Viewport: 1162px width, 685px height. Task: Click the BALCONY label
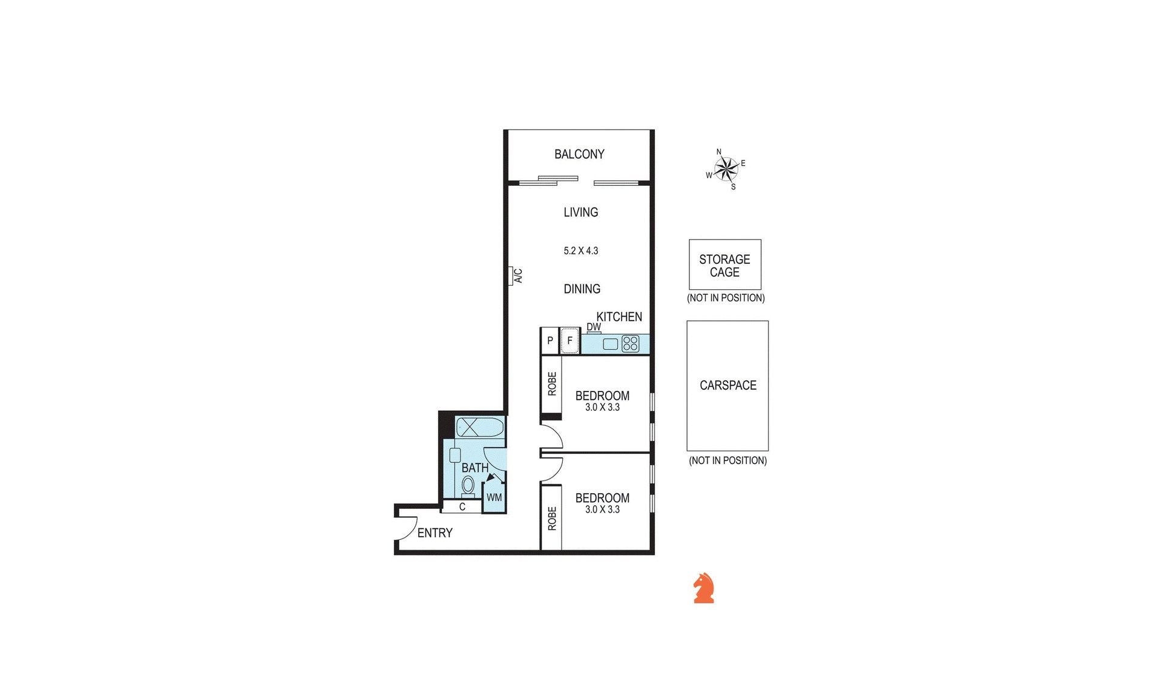tap(579, 154)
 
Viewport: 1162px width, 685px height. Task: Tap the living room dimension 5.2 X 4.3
tap(581, 251)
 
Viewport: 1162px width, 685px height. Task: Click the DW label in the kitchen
tap(594, 327)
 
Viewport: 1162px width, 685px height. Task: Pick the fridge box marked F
tap(570, 341)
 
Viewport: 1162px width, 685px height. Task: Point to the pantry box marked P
tap(550, 341)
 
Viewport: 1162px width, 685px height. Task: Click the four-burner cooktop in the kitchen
tap(631, 344)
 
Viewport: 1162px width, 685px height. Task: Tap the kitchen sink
tap(611, 344)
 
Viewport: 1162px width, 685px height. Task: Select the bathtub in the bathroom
tap(480, 427)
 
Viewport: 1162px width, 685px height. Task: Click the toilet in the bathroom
tap(468, 485)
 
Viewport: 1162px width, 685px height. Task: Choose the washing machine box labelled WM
tap(494, 497)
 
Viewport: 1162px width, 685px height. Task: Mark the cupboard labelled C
tap(462, 507)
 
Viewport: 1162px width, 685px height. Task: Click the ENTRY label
tap(435, 533)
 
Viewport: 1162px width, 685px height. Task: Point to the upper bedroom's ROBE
tap(551, 384)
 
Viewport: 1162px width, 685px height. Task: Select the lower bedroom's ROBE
tap(551, 518)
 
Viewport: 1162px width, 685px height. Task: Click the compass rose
tap(726, 169)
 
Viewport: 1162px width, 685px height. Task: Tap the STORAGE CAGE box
tap(725, 264)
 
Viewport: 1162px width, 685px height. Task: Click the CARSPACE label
tap(728, 385)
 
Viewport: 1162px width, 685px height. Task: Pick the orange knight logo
tap(704, 588)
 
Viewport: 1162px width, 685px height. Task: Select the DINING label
tap(582, 289)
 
